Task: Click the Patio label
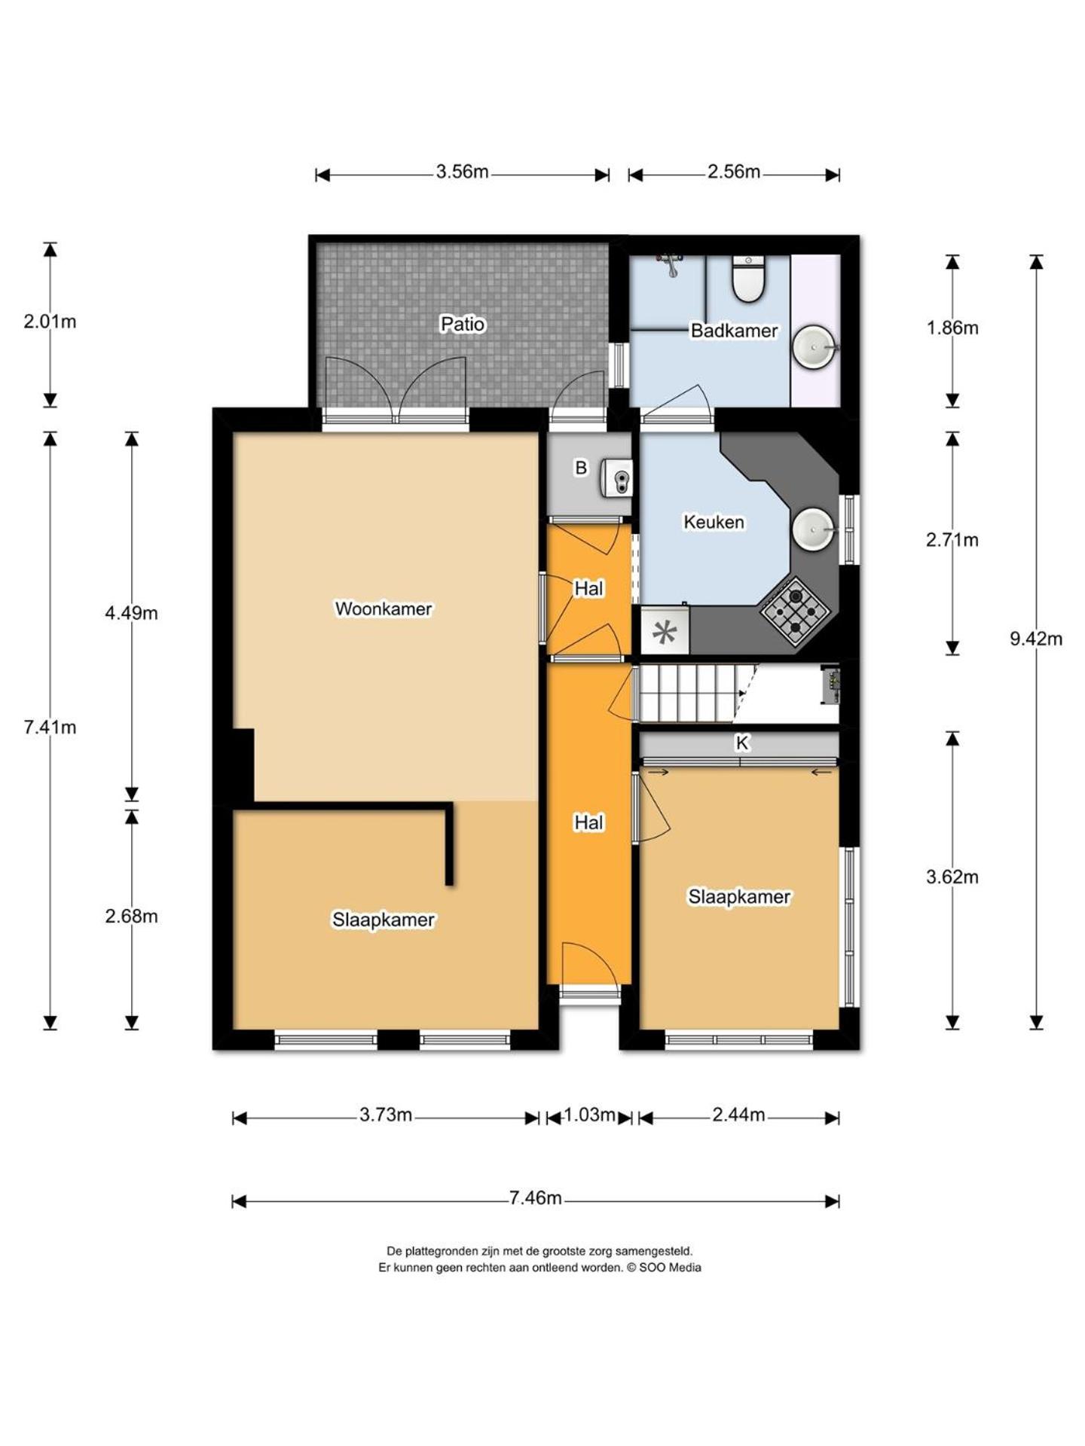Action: point(463,324)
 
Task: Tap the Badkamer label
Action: point(734,330)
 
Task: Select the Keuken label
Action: point(714,521)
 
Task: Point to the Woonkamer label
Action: point(384,609)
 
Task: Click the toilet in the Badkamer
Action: point(748,279)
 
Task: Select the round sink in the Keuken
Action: point(814,529)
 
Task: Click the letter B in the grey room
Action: point(581,468)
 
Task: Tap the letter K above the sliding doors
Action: point(742,743)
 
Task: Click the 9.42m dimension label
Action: point(1036,639)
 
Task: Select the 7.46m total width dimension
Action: point(535,1197)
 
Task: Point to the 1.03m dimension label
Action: point(589,1115)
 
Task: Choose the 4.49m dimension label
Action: point(131,613)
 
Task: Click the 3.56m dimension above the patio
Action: point(462,172)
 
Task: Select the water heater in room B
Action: point(616,478)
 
